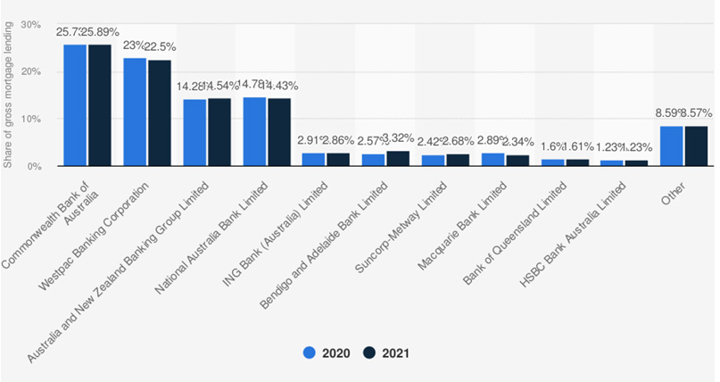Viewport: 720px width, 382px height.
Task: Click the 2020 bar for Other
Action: (672, 146)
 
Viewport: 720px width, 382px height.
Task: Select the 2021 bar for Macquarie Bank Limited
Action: (517, 161)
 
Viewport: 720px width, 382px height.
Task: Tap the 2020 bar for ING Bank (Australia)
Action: (314, 160)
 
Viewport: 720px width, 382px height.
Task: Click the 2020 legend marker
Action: (311, 353)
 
